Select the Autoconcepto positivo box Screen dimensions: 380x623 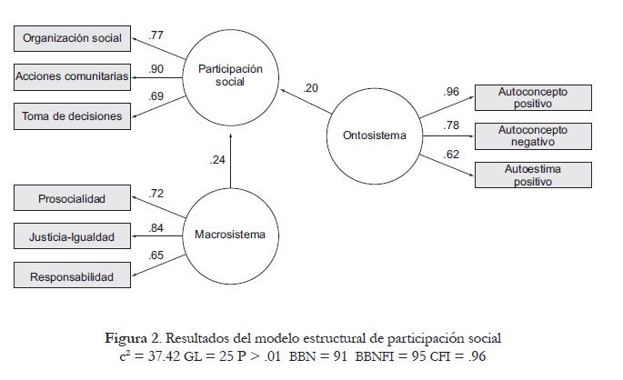(x=533, y=97)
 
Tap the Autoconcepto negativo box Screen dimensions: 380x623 (x=533, y=135)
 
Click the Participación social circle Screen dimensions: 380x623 (x=231, y=75)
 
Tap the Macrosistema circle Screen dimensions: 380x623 (x=231, y=235)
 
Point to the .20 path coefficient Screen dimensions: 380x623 (x=313, y=87)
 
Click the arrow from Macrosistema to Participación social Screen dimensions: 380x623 (x=231, y=160)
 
